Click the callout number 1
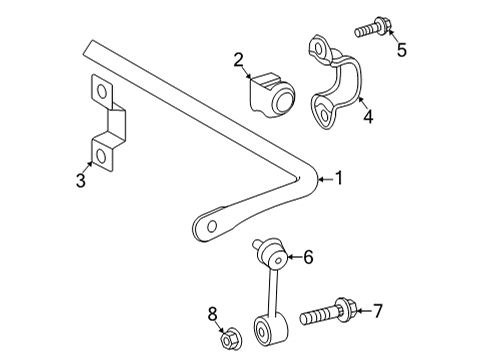click(339, 180)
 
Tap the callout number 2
click(239, 62)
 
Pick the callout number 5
click(401, 49)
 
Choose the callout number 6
click(308, 258)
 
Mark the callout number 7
click(377, 312)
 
